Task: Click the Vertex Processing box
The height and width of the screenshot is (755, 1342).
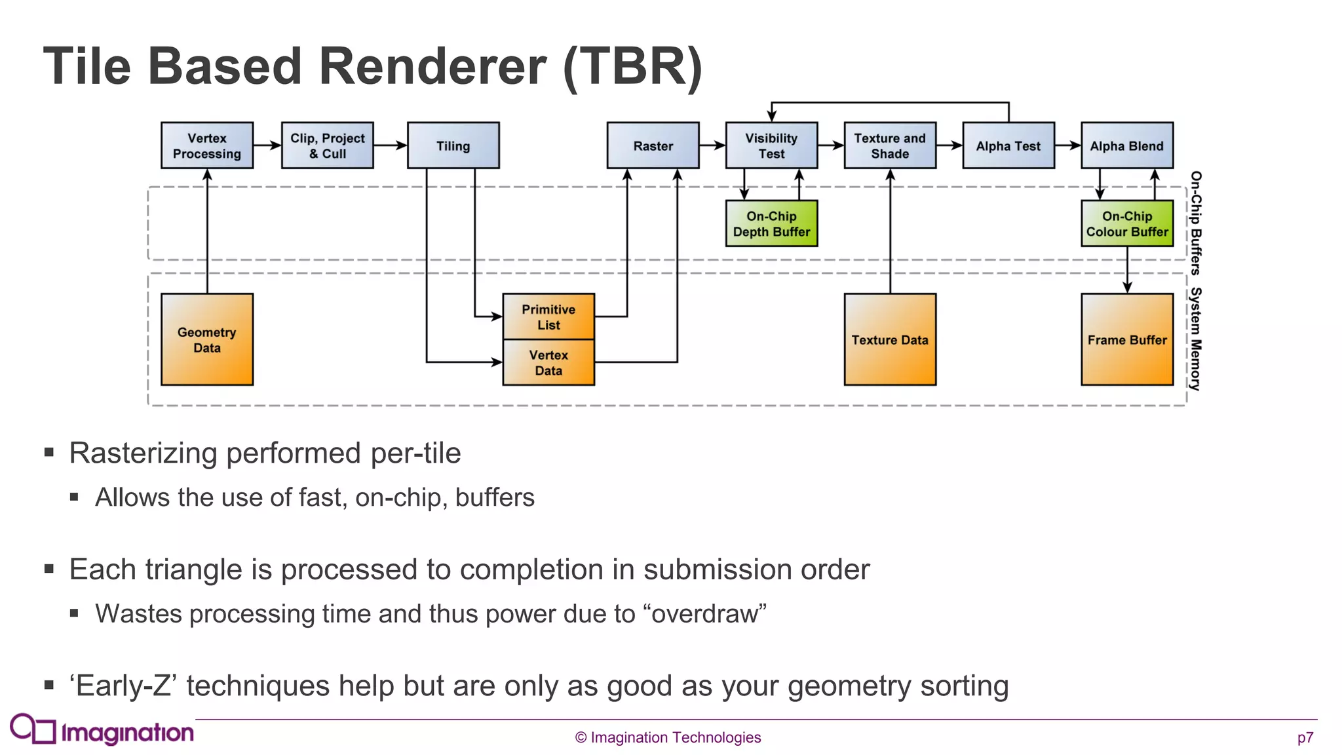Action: [x=207, y=145]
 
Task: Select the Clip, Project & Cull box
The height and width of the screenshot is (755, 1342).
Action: [x=327, y=145]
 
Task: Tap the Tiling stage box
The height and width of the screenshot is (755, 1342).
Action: [x=453, y=145]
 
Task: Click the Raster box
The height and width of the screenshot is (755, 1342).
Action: [x=653, y=145]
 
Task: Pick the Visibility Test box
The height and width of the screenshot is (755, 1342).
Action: [x=771, y=145]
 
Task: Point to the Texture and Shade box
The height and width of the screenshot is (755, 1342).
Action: [x=890, y=145]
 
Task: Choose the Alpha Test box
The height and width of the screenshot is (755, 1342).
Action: [x=1008, y=145]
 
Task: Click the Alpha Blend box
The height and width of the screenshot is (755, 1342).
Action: [x=1126, y=145]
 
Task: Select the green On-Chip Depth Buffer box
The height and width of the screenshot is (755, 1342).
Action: [x=771, y=223]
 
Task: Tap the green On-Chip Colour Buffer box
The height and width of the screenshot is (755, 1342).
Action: [x=1126, y=223]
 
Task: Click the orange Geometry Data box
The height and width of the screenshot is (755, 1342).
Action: [x=207, y=339]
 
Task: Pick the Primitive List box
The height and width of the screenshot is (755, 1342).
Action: [x=548, y=317]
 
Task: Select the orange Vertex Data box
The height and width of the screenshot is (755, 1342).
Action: [x=548, y=362]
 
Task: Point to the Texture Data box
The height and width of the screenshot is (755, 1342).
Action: [x=890, y=339]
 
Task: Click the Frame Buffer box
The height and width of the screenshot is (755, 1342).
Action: [x=1126, y=339]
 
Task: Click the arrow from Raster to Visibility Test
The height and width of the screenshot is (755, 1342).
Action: [x=712, y=145]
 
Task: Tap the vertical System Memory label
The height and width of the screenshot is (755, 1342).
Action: [x=1196, y=339]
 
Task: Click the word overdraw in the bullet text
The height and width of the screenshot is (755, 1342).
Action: [x=704, y=614]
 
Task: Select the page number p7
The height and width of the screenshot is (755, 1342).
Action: [x=1305, y=738]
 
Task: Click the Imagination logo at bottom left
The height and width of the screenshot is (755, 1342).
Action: [x=102, y=730]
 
